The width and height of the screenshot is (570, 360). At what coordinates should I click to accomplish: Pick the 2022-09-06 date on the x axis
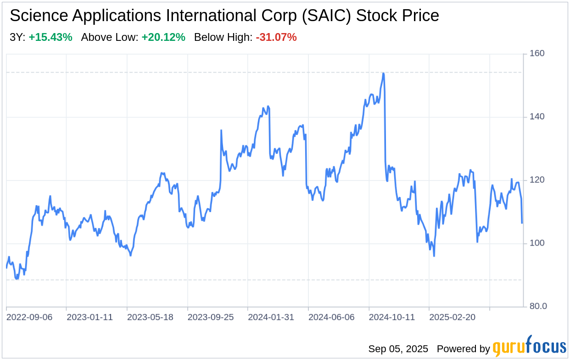click(29, 317)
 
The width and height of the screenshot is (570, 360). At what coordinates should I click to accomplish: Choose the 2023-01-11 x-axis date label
click(89, 317)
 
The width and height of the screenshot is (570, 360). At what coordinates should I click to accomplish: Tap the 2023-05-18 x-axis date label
click(150, 317)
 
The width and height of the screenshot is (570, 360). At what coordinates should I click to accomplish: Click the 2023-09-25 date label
click(211, 317)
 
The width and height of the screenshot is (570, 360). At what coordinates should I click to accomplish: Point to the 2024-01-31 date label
click(271, 317)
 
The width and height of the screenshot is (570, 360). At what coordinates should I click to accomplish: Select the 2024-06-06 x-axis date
click(332, 317)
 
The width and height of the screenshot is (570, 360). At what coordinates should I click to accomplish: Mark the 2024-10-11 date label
click(392, 317)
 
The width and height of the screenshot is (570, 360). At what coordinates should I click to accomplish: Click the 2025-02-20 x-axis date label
click(453, 317)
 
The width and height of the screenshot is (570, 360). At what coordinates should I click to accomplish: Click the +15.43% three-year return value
click(50, 38)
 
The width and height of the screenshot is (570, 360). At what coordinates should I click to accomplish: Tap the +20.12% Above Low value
click(163, 38)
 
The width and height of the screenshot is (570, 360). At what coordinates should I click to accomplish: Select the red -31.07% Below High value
click(276, 38)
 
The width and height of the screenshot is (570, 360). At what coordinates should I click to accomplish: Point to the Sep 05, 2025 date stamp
click(398, 349)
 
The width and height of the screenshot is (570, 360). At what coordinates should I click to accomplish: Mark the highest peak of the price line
click(383, 73)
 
